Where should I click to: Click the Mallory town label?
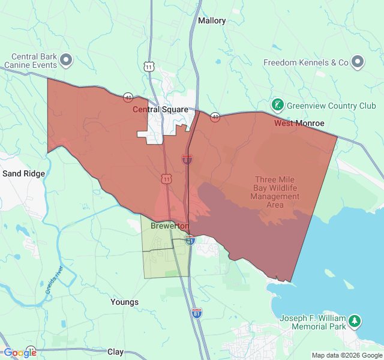[212, 20]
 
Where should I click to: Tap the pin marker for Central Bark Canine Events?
[66, 59]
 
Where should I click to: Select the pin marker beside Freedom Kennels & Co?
[358, 62]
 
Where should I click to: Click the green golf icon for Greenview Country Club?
[278, 106]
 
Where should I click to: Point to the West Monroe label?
[299, 123]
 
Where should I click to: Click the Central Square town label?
[160, 110]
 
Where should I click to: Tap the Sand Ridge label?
[23, 173]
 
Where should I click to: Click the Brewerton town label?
[170, 226]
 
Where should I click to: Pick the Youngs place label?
[124, 302]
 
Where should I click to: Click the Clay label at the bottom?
[115, 352]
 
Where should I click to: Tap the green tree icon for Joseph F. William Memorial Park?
[355, 322]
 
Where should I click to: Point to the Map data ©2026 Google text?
[346, 355]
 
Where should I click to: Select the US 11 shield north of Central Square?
[148, 65]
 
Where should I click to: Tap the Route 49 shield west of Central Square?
[128, 97]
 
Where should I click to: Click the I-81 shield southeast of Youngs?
[197, 313]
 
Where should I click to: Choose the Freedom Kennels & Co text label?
[306, 62]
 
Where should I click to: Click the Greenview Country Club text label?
[331, 106]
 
